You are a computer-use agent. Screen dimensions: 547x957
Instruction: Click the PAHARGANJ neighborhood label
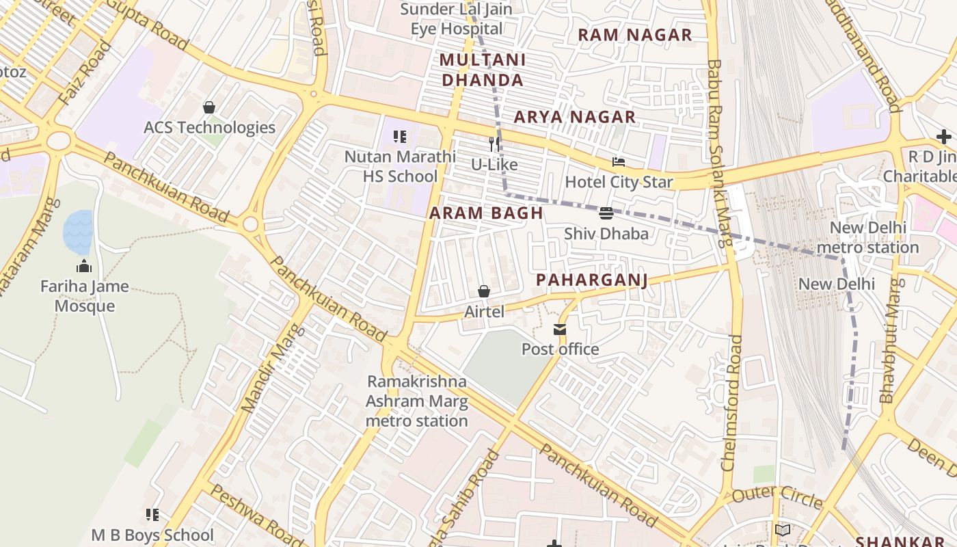(x=591, y=280)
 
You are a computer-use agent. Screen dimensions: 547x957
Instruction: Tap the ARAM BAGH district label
(x=486, y=213)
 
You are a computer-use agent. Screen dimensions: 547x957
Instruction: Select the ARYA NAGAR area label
(x=575, y=117)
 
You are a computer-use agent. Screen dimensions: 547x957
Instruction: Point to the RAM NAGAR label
(x=635, y=35)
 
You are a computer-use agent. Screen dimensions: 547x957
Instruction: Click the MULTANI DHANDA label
(x=483, y=70)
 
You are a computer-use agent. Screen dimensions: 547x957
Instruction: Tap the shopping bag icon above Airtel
(x=484, y=292)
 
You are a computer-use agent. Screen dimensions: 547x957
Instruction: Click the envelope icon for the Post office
(x=560, y=330)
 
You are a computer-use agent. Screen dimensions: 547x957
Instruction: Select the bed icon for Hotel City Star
(x=619, y=163)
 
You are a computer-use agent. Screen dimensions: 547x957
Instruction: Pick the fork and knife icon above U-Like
(x=495, y=144)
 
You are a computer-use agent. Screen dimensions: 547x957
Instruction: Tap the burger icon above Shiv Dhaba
(x=606, y=213)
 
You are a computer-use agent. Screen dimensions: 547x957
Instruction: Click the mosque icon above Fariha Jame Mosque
(x=84, y=266)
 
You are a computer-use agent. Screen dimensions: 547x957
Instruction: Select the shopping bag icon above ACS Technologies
(x=209, y=107)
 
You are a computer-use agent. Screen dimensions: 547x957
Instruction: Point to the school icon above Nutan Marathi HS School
(x=400, y=137)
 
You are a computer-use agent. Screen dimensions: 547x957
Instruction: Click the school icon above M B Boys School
(x=152, y=515)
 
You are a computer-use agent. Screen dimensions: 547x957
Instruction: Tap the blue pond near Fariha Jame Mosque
(x=78, y=232)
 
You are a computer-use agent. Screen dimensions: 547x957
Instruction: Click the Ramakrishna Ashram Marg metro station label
(x=416, y=401)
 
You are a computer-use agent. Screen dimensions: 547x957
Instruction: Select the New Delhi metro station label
(x=867, y=237)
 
